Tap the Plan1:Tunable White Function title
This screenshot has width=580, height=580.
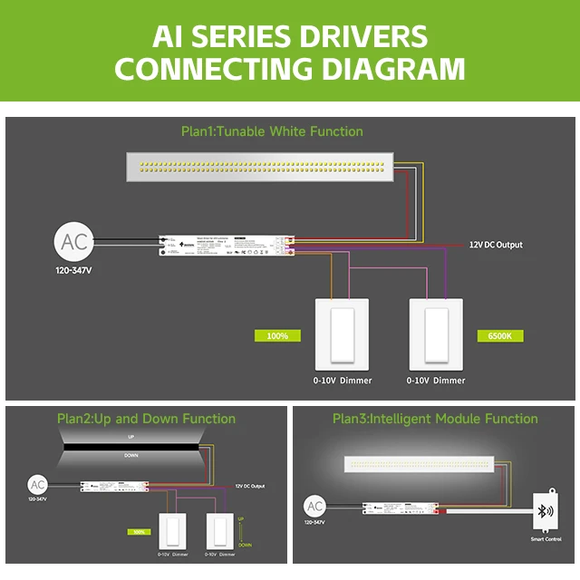[272, 131]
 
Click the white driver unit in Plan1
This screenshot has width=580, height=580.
[222, 245]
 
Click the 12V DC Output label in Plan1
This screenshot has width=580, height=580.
[495, 245]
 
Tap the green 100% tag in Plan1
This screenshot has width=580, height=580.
[277, 335]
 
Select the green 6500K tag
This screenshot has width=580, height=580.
[499, 335]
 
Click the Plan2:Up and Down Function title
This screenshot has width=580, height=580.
[146, 419]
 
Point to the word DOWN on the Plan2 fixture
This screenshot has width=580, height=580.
[131, 455]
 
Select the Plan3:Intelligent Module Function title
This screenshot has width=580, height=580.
[435, 419]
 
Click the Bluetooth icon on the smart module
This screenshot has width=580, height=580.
[545, 509]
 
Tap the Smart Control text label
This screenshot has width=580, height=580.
[546, 539]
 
